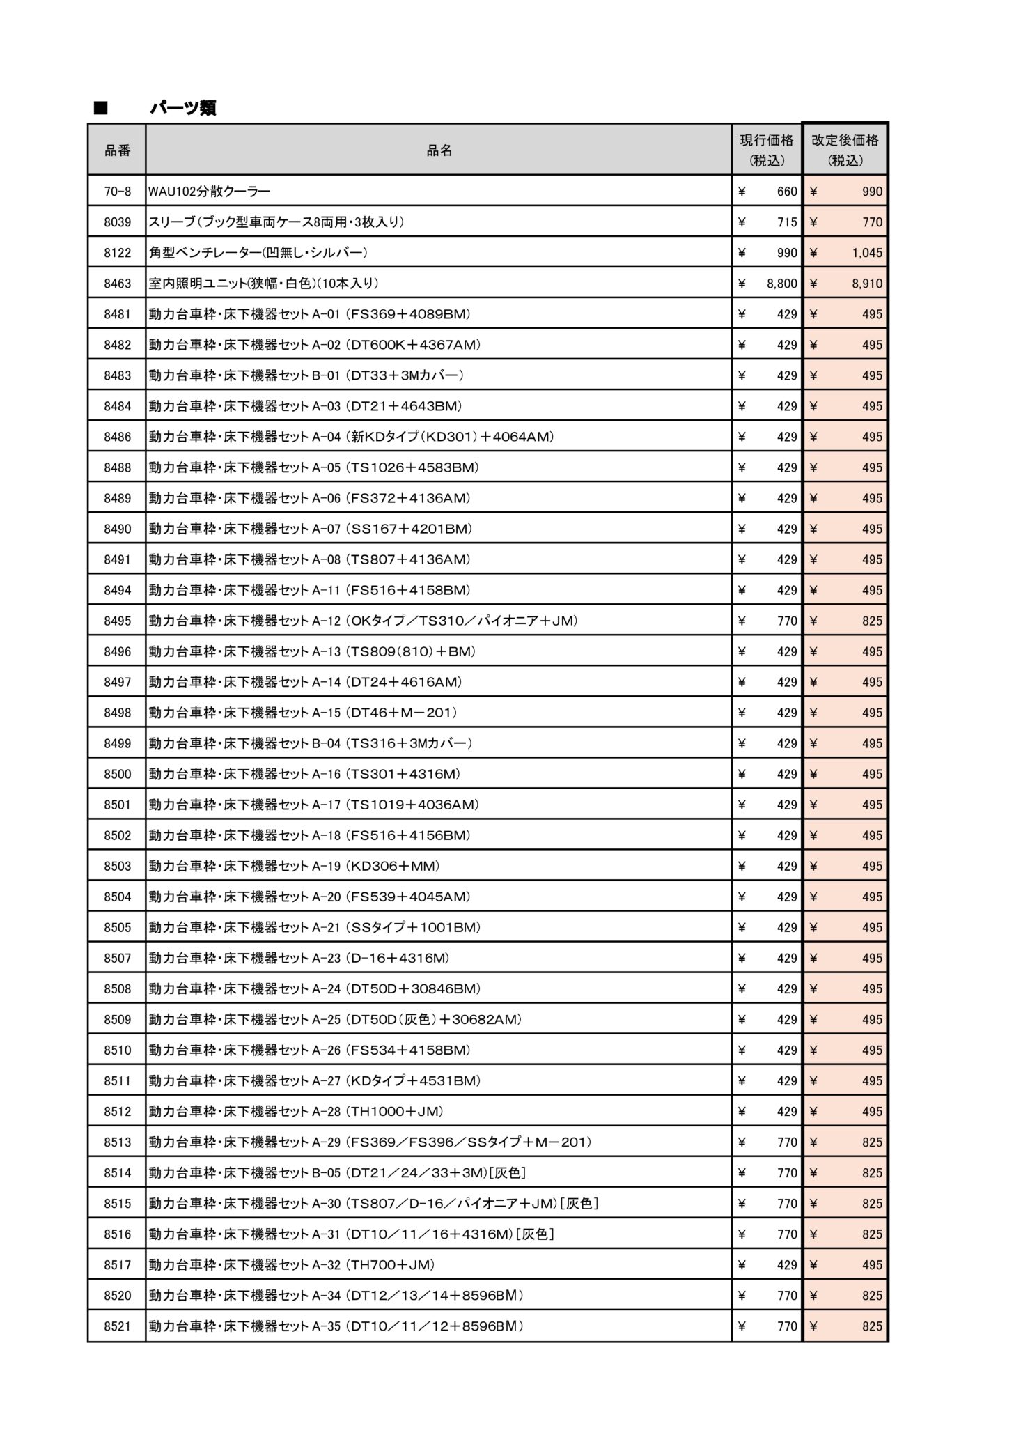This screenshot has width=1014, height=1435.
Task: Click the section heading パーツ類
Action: point(183,108)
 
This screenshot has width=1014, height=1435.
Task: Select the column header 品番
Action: point(117,150)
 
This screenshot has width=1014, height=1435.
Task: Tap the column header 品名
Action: point(439,150)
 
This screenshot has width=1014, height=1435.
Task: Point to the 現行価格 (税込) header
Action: point(767,150)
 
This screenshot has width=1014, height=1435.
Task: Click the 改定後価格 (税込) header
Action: point(845,150)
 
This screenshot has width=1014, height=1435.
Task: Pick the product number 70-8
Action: point(117,192)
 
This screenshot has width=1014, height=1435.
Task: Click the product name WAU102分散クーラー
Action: point(209,192)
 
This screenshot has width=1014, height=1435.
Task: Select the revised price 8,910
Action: point(866,284)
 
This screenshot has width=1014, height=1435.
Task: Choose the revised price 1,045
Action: point(866,253)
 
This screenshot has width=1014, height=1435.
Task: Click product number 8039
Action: point(117,222)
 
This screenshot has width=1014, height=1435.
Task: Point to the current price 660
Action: point(787,192)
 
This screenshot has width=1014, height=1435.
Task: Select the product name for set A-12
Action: point(363,621)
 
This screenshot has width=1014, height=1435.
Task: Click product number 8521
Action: point(117,1326)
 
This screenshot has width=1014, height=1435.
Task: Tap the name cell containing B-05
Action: point(337,1173)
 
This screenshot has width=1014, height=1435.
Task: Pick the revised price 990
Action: point(872,192)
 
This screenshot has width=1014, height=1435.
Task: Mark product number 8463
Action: point(117,284)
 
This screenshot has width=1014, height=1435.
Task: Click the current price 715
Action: point(787,222)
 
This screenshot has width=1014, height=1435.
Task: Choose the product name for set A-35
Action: point(336,1326)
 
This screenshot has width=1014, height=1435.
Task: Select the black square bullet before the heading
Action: point(102,108)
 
